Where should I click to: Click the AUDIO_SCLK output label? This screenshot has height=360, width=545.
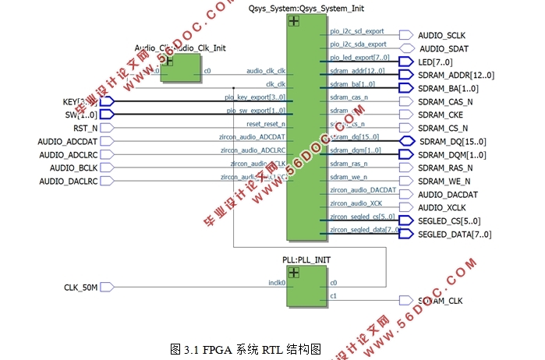(x=441, y=36)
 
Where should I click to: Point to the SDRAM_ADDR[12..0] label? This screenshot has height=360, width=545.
(x=456, y=75)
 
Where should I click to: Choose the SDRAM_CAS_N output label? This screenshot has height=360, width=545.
(x=445, y=101)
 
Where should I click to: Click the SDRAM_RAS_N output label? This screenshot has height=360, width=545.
(x=445, y=168)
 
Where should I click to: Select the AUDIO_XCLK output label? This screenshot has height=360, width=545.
(x=441, y=207)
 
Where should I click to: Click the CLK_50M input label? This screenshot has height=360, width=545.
(x=80, y=288)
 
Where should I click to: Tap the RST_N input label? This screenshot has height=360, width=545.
(x=85, y=128)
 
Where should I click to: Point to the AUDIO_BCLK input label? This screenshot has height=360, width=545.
(x=74, y=168)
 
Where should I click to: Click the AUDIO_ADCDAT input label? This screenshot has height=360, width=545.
(x=68, y=141)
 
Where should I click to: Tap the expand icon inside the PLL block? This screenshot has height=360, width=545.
(x=293, y=272)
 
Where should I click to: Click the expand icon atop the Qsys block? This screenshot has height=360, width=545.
(x=293, y=22)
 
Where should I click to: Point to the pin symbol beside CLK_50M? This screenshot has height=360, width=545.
(x=108, y=288)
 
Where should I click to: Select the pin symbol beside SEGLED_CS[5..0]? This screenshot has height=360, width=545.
(x=405, y=221)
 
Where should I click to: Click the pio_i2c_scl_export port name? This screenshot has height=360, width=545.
(x=357, y=32)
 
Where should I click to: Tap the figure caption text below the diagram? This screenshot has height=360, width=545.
(x=246, y=350)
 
